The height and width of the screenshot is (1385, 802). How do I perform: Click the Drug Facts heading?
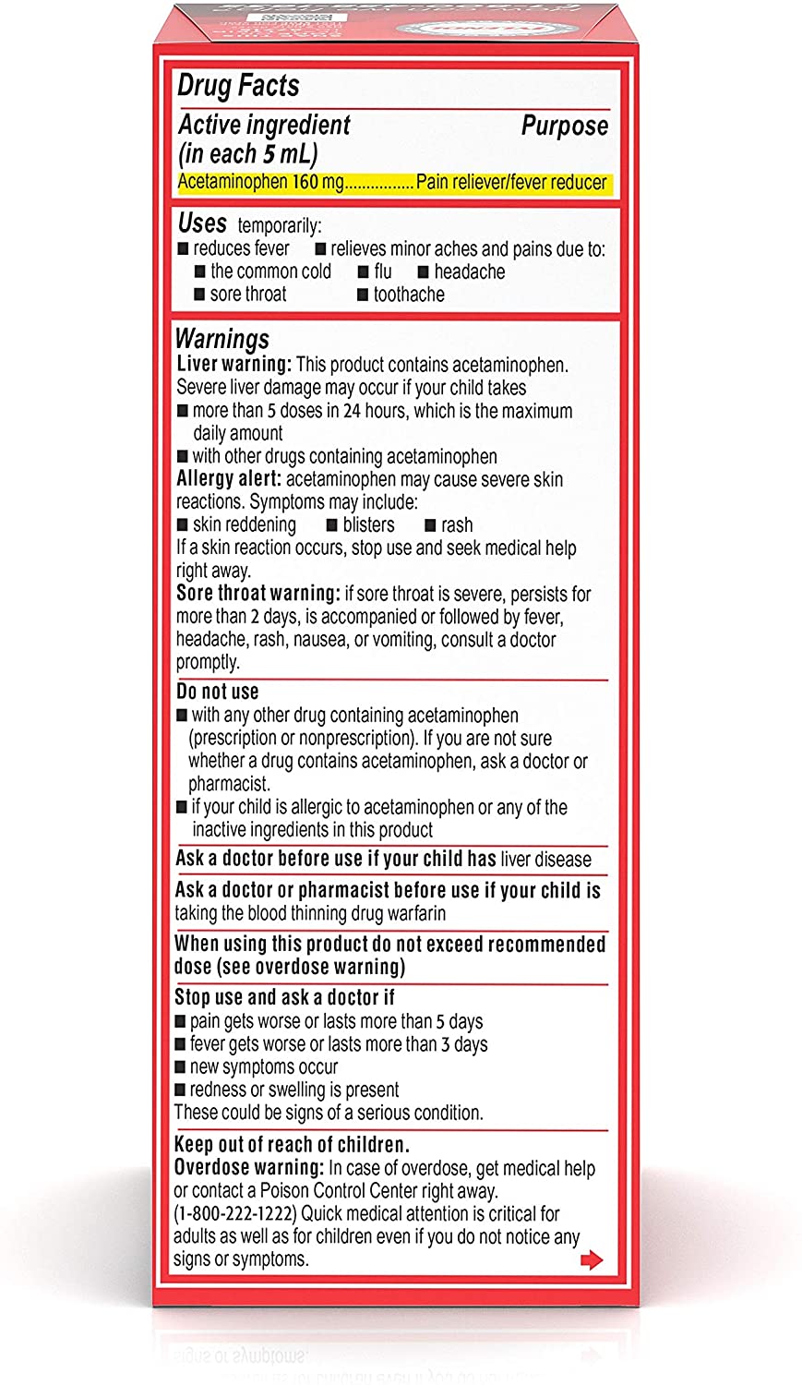(238, 86)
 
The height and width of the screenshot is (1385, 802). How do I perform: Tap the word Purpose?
(564, 126)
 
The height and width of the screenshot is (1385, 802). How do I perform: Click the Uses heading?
(202, 223)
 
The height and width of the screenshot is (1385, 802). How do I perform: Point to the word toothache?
(409, 295)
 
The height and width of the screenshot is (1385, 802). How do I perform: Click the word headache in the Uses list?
(470, 271)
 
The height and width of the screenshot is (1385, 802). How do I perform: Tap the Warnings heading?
(221, 339)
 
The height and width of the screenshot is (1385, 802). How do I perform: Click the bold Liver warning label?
(234, 365)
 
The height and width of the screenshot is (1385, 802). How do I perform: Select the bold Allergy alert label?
(229, 479)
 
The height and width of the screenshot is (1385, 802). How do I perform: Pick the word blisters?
(368, 524)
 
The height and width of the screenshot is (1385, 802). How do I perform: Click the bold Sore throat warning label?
(258, 594)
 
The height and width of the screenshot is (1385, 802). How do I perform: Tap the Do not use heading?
(218, 692)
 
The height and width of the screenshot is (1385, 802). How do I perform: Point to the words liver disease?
(545, 860)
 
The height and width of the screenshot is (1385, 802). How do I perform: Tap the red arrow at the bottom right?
(592, 1259)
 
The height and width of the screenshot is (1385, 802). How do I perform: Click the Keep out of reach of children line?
(292, 1145)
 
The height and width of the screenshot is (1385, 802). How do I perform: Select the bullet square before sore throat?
(199, 295)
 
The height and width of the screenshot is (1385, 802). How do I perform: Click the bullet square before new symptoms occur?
(180, 1067)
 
